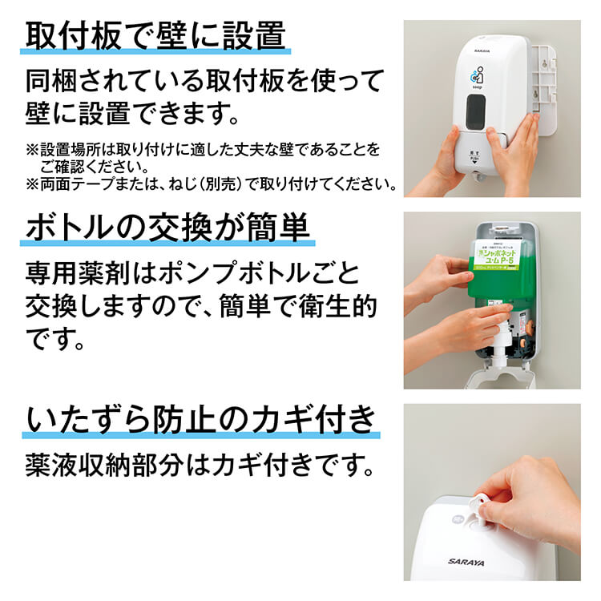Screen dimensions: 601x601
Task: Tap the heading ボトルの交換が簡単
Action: coord(167,228)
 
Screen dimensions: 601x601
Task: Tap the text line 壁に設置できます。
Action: coord(132,112)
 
